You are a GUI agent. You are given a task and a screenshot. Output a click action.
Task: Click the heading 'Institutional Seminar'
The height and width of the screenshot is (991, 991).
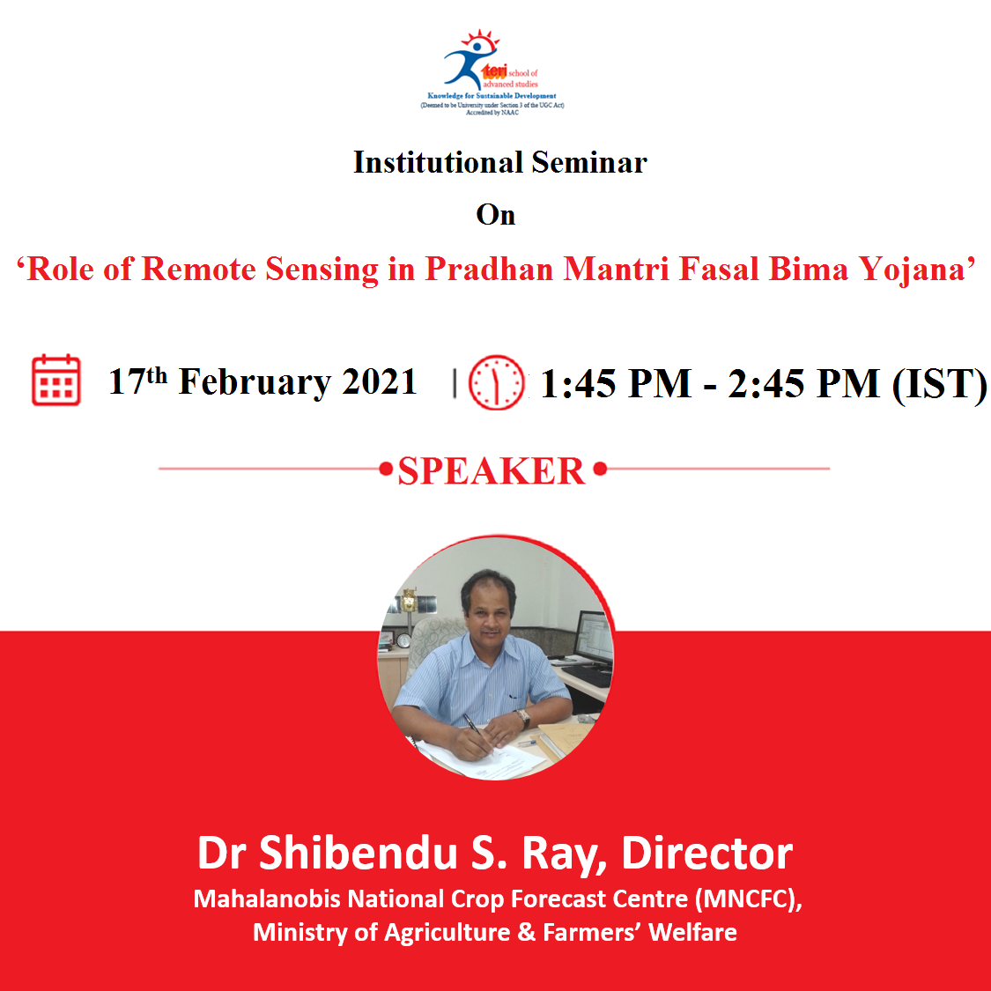click(x=500, y=162)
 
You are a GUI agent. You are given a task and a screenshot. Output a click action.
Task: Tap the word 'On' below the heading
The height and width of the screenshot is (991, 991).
click(x=495, y=215)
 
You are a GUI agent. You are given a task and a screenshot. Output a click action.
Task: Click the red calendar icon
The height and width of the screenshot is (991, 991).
click(x=56, y=380)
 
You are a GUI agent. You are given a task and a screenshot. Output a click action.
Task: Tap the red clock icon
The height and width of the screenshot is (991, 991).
click(x=496, y=382)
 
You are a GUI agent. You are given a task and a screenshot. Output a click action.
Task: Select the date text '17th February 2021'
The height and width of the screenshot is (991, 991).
click(x=263, y=381)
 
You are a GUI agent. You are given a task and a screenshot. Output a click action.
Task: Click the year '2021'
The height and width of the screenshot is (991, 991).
click(x=379, y=381)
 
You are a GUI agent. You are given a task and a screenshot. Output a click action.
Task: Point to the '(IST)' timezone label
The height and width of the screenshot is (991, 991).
click(x=940, y=384)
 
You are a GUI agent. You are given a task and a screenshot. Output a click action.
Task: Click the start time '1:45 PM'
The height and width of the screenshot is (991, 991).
click(x=616, y=384)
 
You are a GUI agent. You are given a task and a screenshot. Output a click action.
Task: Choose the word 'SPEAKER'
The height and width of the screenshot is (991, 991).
click(x=491, y=471)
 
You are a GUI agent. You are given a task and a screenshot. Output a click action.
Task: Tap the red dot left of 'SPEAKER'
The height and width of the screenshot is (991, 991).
click(x=386, y=469)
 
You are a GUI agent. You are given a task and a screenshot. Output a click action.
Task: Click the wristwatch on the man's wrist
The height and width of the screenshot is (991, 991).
click(x=522, y=717)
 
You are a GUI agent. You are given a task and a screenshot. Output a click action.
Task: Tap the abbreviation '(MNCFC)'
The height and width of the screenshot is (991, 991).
click(x=748, y=899)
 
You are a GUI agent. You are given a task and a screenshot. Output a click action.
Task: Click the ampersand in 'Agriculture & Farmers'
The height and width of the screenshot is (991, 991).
click(x=527, y=932)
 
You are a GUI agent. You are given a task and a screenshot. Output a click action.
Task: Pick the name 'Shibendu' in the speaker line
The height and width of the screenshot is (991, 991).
click(x=359, y=854)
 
